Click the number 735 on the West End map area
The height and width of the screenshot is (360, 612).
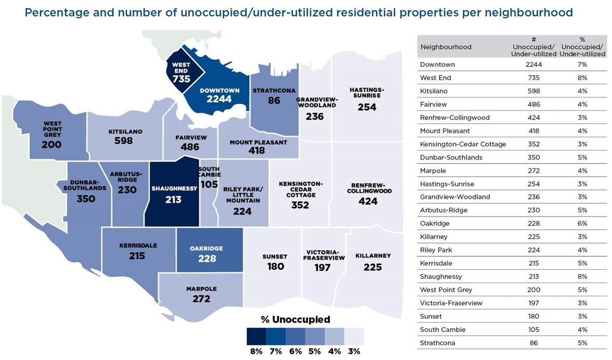coord(181,79)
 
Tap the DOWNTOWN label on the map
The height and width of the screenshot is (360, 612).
coord(220,91)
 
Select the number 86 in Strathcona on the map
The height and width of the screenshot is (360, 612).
coord(274,100)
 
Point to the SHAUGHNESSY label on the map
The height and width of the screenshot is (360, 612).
coord(174,189)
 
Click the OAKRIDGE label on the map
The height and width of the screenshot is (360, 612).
coord(207,249)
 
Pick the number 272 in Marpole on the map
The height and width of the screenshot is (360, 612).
coord(201,299)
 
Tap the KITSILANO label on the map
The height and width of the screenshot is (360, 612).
coord(125,132)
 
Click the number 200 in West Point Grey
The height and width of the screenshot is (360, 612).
coord(51,145)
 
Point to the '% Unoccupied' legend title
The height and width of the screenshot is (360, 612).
coord(295,320)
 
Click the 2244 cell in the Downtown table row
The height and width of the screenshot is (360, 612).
coord(533,65)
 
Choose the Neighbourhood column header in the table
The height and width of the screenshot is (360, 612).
coord(446,47)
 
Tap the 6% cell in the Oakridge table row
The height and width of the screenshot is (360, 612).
coord(582,223)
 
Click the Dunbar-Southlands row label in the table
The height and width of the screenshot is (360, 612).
coord(451,157)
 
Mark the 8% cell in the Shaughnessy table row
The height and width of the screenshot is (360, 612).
coord(582,277)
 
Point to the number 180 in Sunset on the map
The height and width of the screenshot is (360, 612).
coord(275,266)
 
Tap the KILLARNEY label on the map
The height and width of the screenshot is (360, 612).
coord(373,256)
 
